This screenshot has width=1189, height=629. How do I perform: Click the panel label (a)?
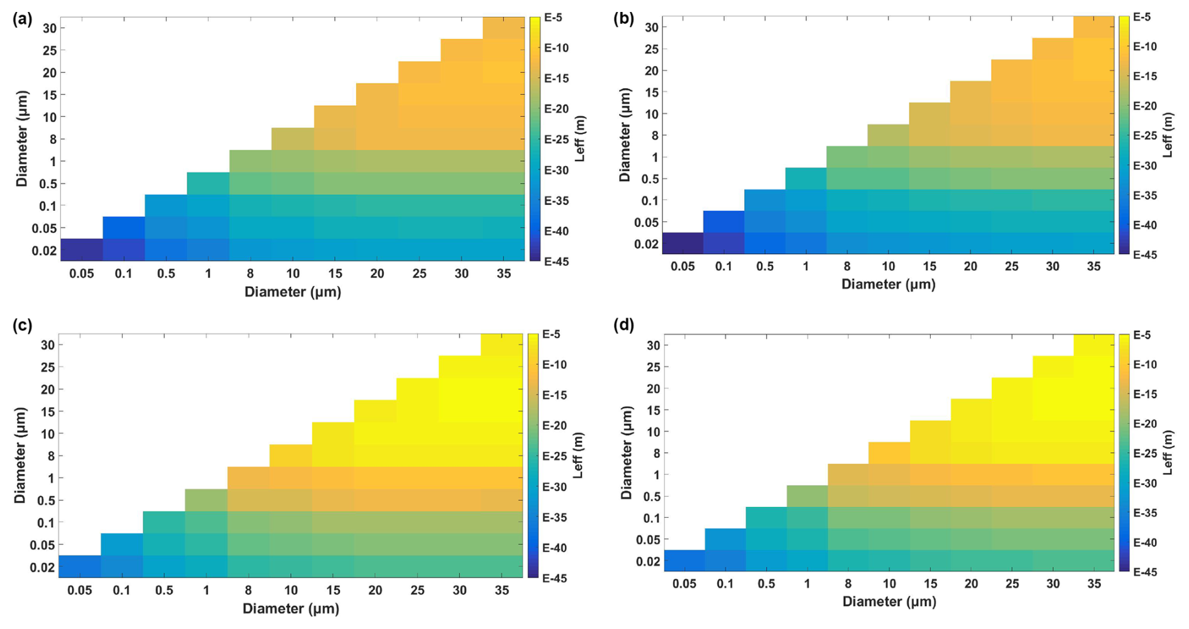click(22, 19)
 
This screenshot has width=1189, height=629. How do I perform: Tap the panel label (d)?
click(623, 325)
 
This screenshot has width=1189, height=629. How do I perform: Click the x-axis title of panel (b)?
click(888, 284)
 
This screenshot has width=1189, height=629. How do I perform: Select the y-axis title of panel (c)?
click(19, 455)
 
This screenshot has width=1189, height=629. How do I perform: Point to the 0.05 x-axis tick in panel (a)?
click(82, 274)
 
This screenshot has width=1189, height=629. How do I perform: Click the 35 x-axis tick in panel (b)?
click(1093, 267)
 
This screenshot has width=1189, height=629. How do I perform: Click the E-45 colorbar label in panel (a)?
click(556, 262)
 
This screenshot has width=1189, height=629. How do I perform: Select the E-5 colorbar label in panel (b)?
click(1142, 17)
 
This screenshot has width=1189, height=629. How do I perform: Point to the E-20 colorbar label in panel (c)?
click(554, 426)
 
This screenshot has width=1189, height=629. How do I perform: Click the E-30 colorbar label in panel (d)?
click(1144, 484)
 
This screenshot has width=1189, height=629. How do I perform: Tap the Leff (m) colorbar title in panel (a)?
click(580, 139)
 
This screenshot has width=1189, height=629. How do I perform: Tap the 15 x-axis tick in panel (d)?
click(930, 584)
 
